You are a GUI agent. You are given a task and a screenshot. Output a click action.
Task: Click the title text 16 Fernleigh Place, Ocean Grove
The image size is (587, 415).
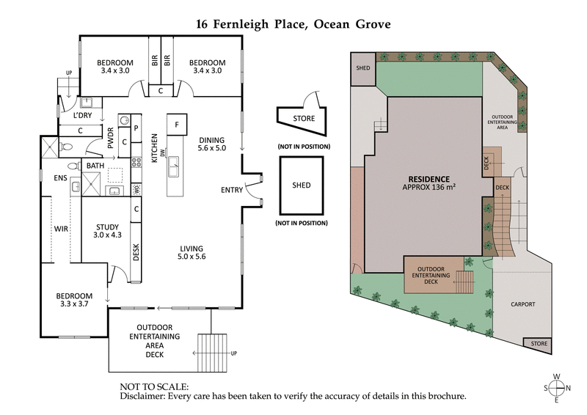coord(293,23)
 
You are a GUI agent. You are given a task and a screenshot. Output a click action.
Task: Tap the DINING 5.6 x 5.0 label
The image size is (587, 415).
coord(211,144)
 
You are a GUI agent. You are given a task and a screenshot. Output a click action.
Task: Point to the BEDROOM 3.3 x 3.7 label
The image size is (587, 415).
coord(76,301)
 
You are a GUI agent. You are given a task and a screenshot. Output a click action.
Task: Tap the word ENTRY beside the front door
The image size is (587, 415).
coord(232,191)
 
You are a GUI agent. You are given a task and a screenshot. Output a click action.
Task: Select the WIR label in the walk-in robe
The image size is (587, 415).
coord(62,229)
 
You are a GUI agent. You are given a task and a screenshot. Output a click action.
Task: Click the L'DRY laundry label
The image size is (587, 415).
coord(82,117)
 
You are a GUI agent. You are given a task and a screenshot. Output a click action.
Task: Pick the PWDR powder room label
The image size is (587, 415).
coord(111,139)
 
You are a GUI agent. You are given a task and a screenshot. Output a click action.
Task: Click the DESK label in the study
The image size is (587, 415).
coord(137,251)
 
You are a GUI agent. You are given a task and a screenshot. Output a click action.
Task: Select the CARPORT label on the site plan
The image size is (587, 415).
coord(520,304)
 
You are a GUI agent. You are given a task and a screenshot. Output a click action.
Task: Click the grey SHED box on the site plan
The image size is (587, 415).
coord(362,69)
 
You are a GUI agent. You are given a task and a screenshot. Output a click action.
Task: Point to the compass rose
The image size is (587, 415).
coord(556,388)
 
